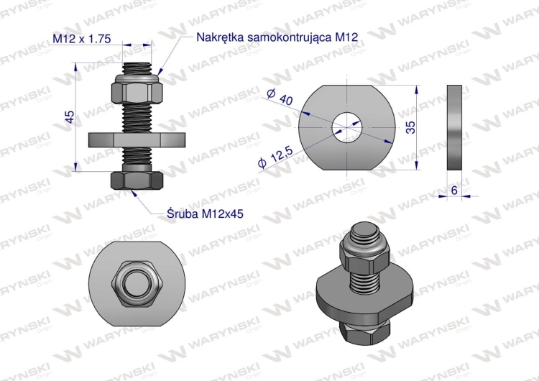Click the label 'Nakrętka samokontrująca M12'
coord(277,37)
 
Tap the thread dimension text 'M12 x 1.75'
coord(82,39)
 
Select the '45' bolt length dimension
coord(70,117)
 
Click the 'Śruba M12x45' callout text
coord(206,214)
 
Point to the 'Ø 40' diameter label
coord(280,96)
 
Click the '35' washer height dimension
coord(411,127)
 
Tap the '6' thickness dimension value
coord(454,190)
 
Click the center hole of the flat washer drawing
coord(347,127)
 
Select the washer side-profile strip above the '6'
coord(454,127)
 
